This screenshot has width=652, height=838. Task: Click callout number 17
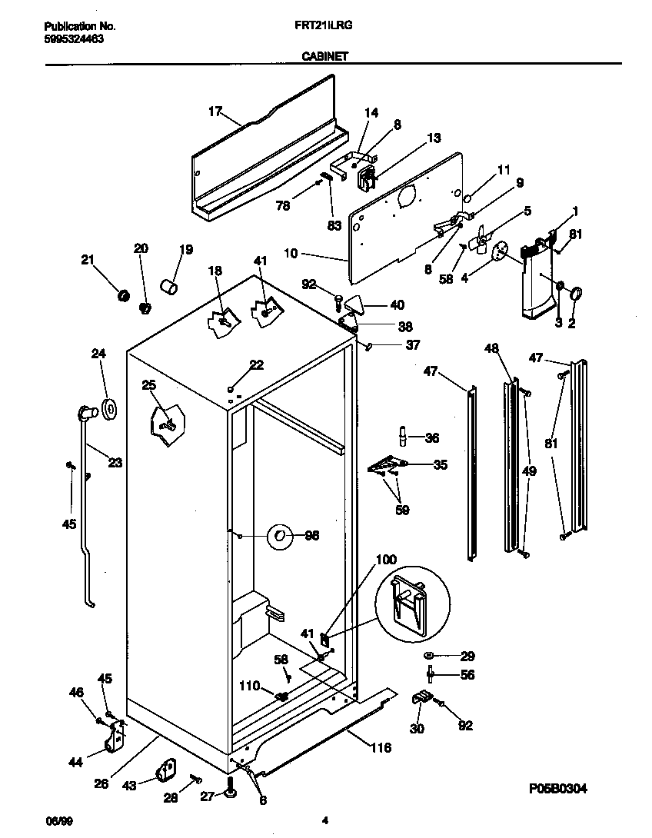(216, 111)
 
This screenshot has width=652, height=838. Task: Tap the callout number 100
(387, 560)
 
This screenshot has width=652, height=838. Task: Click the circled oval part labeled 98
(280, 536)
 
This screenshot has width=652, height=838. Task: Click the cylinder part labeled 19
(168, 287)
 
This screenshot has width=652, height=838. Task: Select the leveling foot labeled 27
(231, 787)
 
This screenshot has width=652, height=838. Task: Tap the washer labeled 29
(427, 656)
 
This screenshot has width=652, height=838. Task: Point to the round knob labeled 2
(575, 292)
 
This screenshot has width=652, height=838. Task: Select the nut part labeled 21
(120, 294)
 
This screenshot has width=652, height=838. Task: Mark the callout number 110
(250, 686)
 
